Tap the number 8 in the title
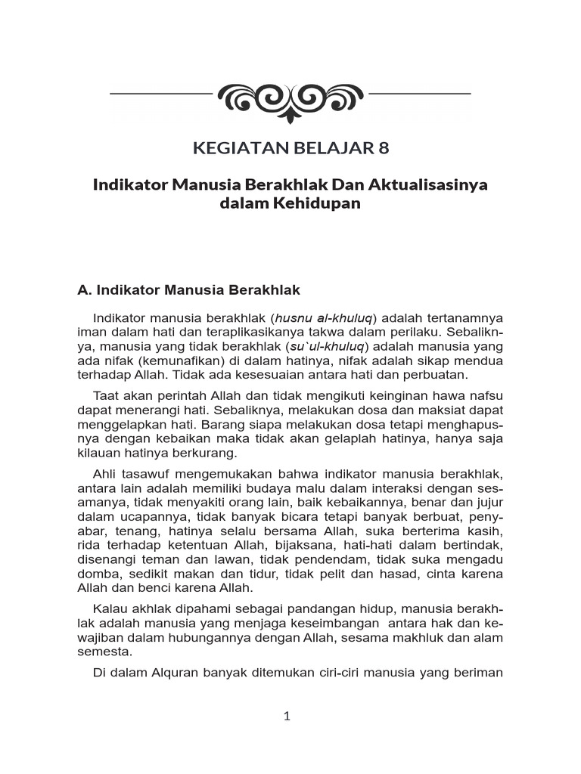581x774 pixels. (384, 147)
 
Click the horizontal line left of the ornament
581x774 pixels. (160, 94)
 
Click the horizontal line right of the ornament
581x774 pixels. (420, 94)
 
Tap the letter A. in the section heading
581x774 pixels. (84, 289)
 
